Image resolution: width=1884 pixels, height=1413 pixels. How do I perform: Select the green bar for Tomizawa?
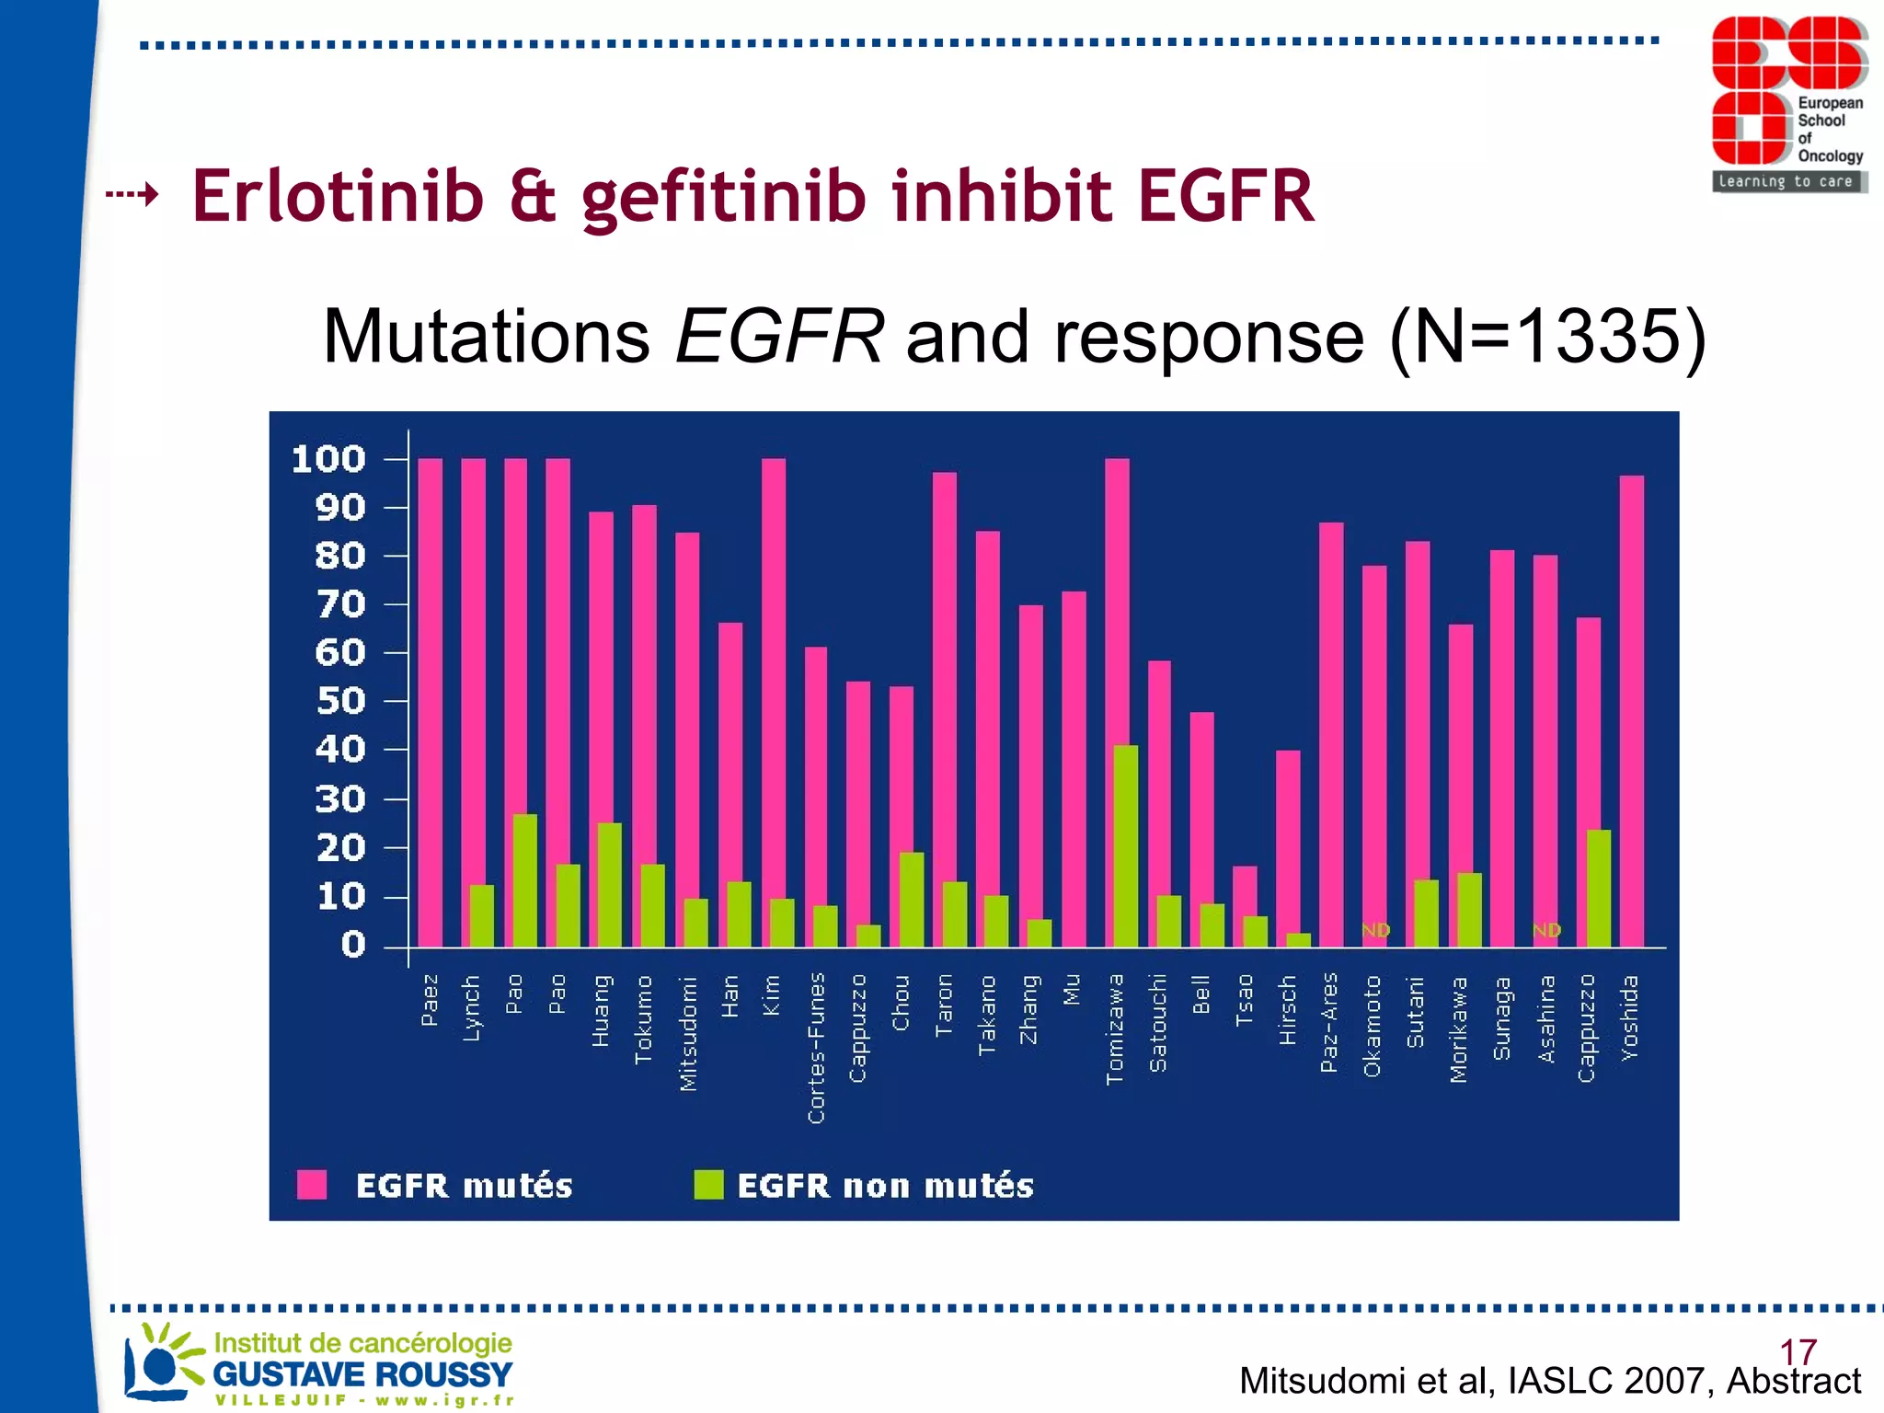[x=1126, y=846]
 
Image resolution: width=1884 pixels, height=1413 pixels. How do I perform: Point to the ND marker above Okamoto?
[x=1375, y=930]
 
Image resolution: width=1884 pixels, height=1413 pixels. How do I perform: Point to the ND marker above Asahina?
[x=1546, y=930]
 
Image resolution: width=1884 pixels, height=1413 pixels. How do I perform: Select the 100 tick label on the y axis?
[x=328, y=458]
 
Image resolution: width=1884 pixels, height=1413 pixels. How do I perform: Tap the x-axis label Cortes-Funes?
[x=816, y=1048]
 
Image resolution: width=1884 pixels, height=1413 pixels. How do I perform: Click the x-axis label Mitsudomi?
[x=687, y=1033]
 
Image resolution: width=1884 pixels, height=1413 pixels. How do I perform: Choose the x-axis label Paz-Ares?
[x=1328, y=1022]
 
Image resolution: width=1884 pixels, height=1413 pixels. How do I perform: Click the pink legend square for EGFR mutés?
[x=312, y=1185]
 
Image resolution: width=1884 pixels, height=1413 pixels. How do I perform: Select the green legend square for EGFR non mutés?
[x=708, y=1185]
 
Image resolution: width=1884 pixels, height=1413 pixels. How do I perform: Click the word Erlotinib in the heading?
[x=338, y=196]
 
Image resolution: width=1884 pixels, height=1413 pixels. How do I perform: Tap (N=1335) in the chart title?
[x=1547, y=337]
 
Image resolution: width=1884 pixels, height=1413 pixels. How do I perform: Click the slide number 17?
[x=1798, y=1351]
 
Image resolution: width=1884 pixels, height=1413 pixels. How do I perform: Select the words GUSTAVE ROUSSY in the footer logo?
[x=362, y=1374]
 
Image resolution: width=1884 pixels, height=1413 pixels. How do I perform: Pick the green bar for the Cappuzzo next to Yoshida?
[x=1599, y=888]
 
